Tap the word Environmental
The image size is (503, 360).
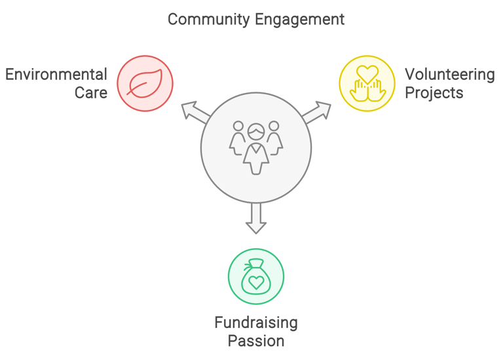(56, 74)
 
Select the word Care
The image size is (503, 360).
(90, 93)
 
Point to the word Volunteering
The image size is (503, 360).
(449, 74)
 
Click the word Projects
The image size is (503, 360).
(434, 93)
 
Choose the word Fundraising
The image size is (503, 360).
(256, 322)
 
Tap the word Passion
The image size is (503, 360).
(256, 341)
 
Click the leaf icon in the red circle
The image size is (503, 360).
(145, 84)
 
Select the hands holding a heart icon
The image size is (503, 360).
(367, 84)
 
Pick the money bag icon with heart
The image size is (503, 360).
(256, 276)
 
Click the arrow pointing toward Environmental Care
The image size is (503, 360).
(195, 112)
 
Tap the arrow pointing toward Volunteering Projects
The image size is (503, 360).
(317, 112)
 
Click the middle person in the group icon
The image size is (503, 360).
(256, 149)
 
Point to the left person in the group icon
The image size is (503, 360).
(238, 137)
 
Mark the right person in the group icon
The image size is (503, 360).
(274, 137)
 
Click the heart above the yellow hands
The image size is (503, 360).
(367, 73)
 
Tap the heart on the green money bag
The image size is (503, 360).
(256, 282)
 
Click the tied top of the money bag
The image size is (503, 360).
(255, 264)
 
